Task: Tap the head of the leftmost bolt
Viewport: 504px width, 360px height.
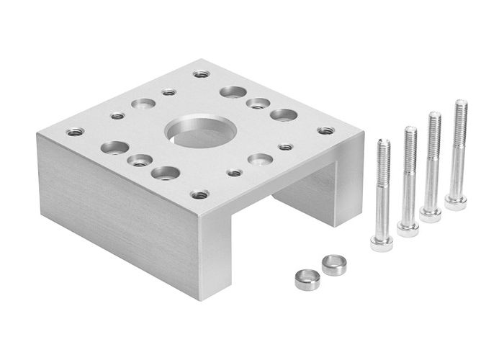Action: coord(382,242)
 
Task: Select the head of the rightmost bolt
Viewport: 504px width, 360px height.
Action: coord(455,202)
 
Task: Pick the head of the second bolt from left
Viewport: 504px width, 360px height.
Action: coord(408,228)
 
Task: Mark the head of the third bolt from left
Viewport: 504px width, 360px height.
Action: coord(431,214)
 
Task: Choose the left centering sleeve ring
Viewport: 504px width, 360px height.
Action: coord(307,278)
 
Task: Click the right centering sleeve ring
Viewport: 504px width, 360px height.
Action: coord(334,264)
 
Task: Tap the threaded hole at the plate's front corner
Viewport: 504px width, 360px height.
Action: coord(200,194)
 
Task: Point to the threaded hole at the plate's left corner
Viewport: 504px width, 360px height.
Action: coord(75,132)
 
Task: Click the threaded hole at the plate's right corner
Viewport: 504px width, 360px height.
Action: coord(326,131)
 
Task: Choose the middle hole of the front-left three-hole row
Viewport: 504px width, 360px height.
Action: coord(139,160)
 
